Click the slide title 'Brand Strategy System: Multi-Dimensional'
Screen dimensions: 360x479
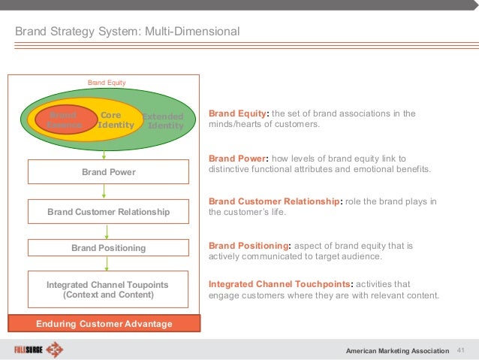tap(128, 32)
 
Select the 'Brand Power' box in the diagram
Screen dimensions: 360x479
tap(108, 172)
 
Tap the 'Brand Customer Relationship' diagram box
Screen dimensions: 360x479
tap(108, 213)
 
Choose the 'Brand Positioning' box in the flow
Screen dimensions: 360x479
tap(108, 248)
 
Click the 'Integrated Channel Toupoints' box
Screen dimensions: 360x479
tap(107, 290)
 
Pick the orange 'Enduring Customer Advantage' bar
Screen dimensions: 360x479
tap(104, 324)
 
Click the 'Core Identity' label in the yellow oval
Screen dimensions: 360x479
tap(111, 120)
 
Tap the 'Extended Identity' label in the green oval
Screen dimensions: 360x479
tap(164, 121)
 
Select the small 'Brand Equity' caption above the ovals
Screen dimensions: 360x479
tap(107, 82)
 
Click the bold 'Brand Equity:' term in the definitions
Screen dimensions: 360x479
tap(238, 114)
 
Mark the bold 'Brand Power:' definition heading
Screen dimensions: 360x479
tap(236, 159)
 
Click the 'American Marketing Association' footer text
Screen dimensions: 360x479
tap(396, 351)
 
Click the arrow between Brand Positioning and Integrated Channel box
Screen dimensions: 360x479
tap(107, 264)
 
